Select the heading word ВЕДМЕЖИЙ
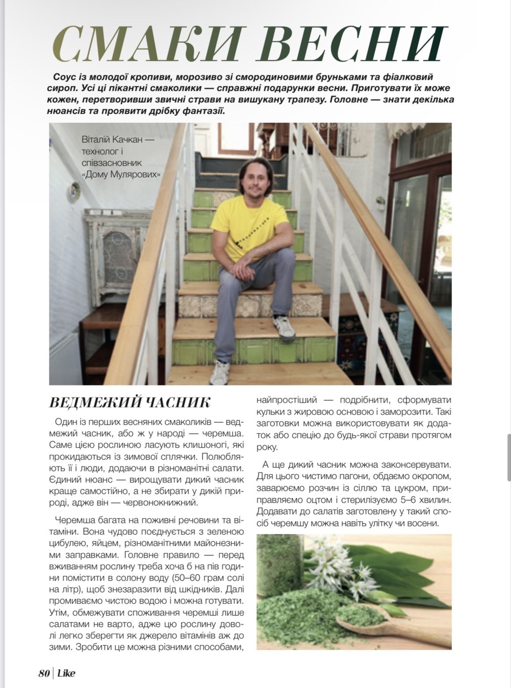click(x=93, y=403)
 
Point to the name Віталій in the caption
click(x=96, y=140)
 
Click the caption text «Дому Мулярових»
click(x=121, y=174)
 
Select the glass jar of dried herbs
click(x=278, y=559)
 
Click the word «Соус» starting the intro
click(x=64, y=77)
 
